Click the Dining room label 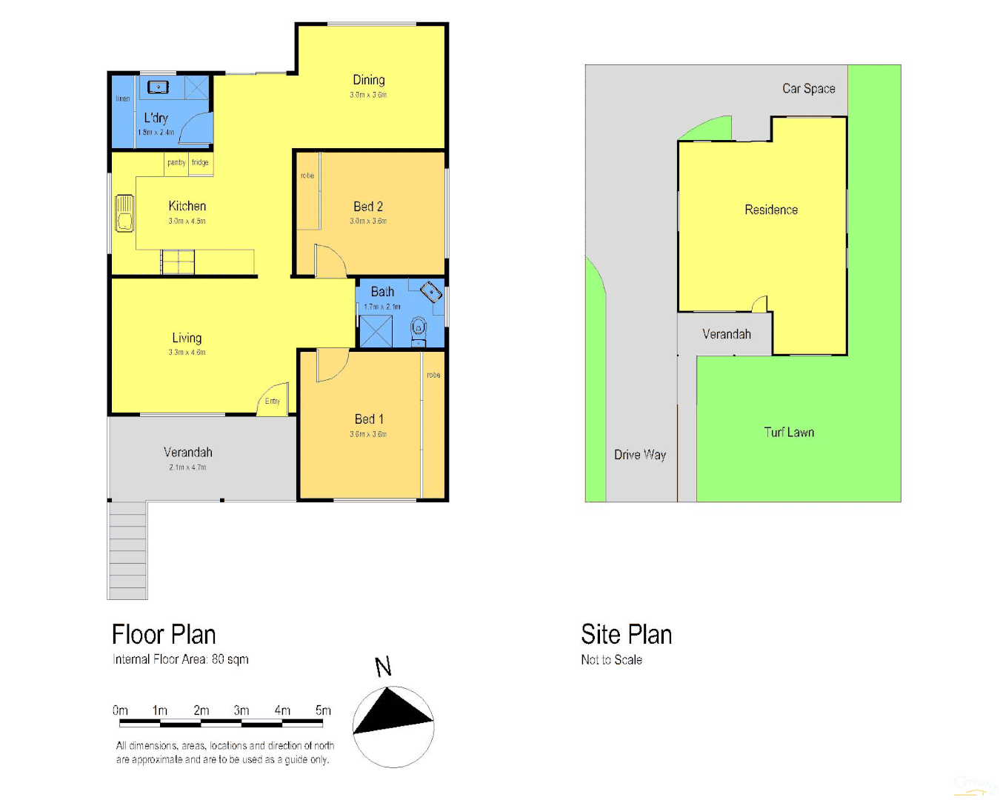point(368,80)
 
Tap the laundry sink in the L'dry point(158,87)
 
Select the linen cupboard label point(123,99)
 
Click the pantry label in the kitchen point(176,163)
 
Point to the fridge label point(200,163)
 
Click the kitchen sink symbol point(124,213)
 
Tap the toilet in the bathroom point(419,328)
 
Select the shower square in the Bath point(376,331)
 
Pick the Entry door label point(273,401)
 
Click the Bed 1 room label point(369,419)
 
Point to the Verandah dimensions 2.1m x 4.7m point(187,467)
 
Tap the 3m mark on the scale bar point(241,710)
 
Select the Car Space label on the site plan point(808,89)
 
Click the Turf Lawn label point(789,433)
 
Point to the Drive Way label point(640,455)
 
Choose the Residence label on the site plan point(771,210)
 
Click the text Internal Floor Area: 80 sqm point(181,659)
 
